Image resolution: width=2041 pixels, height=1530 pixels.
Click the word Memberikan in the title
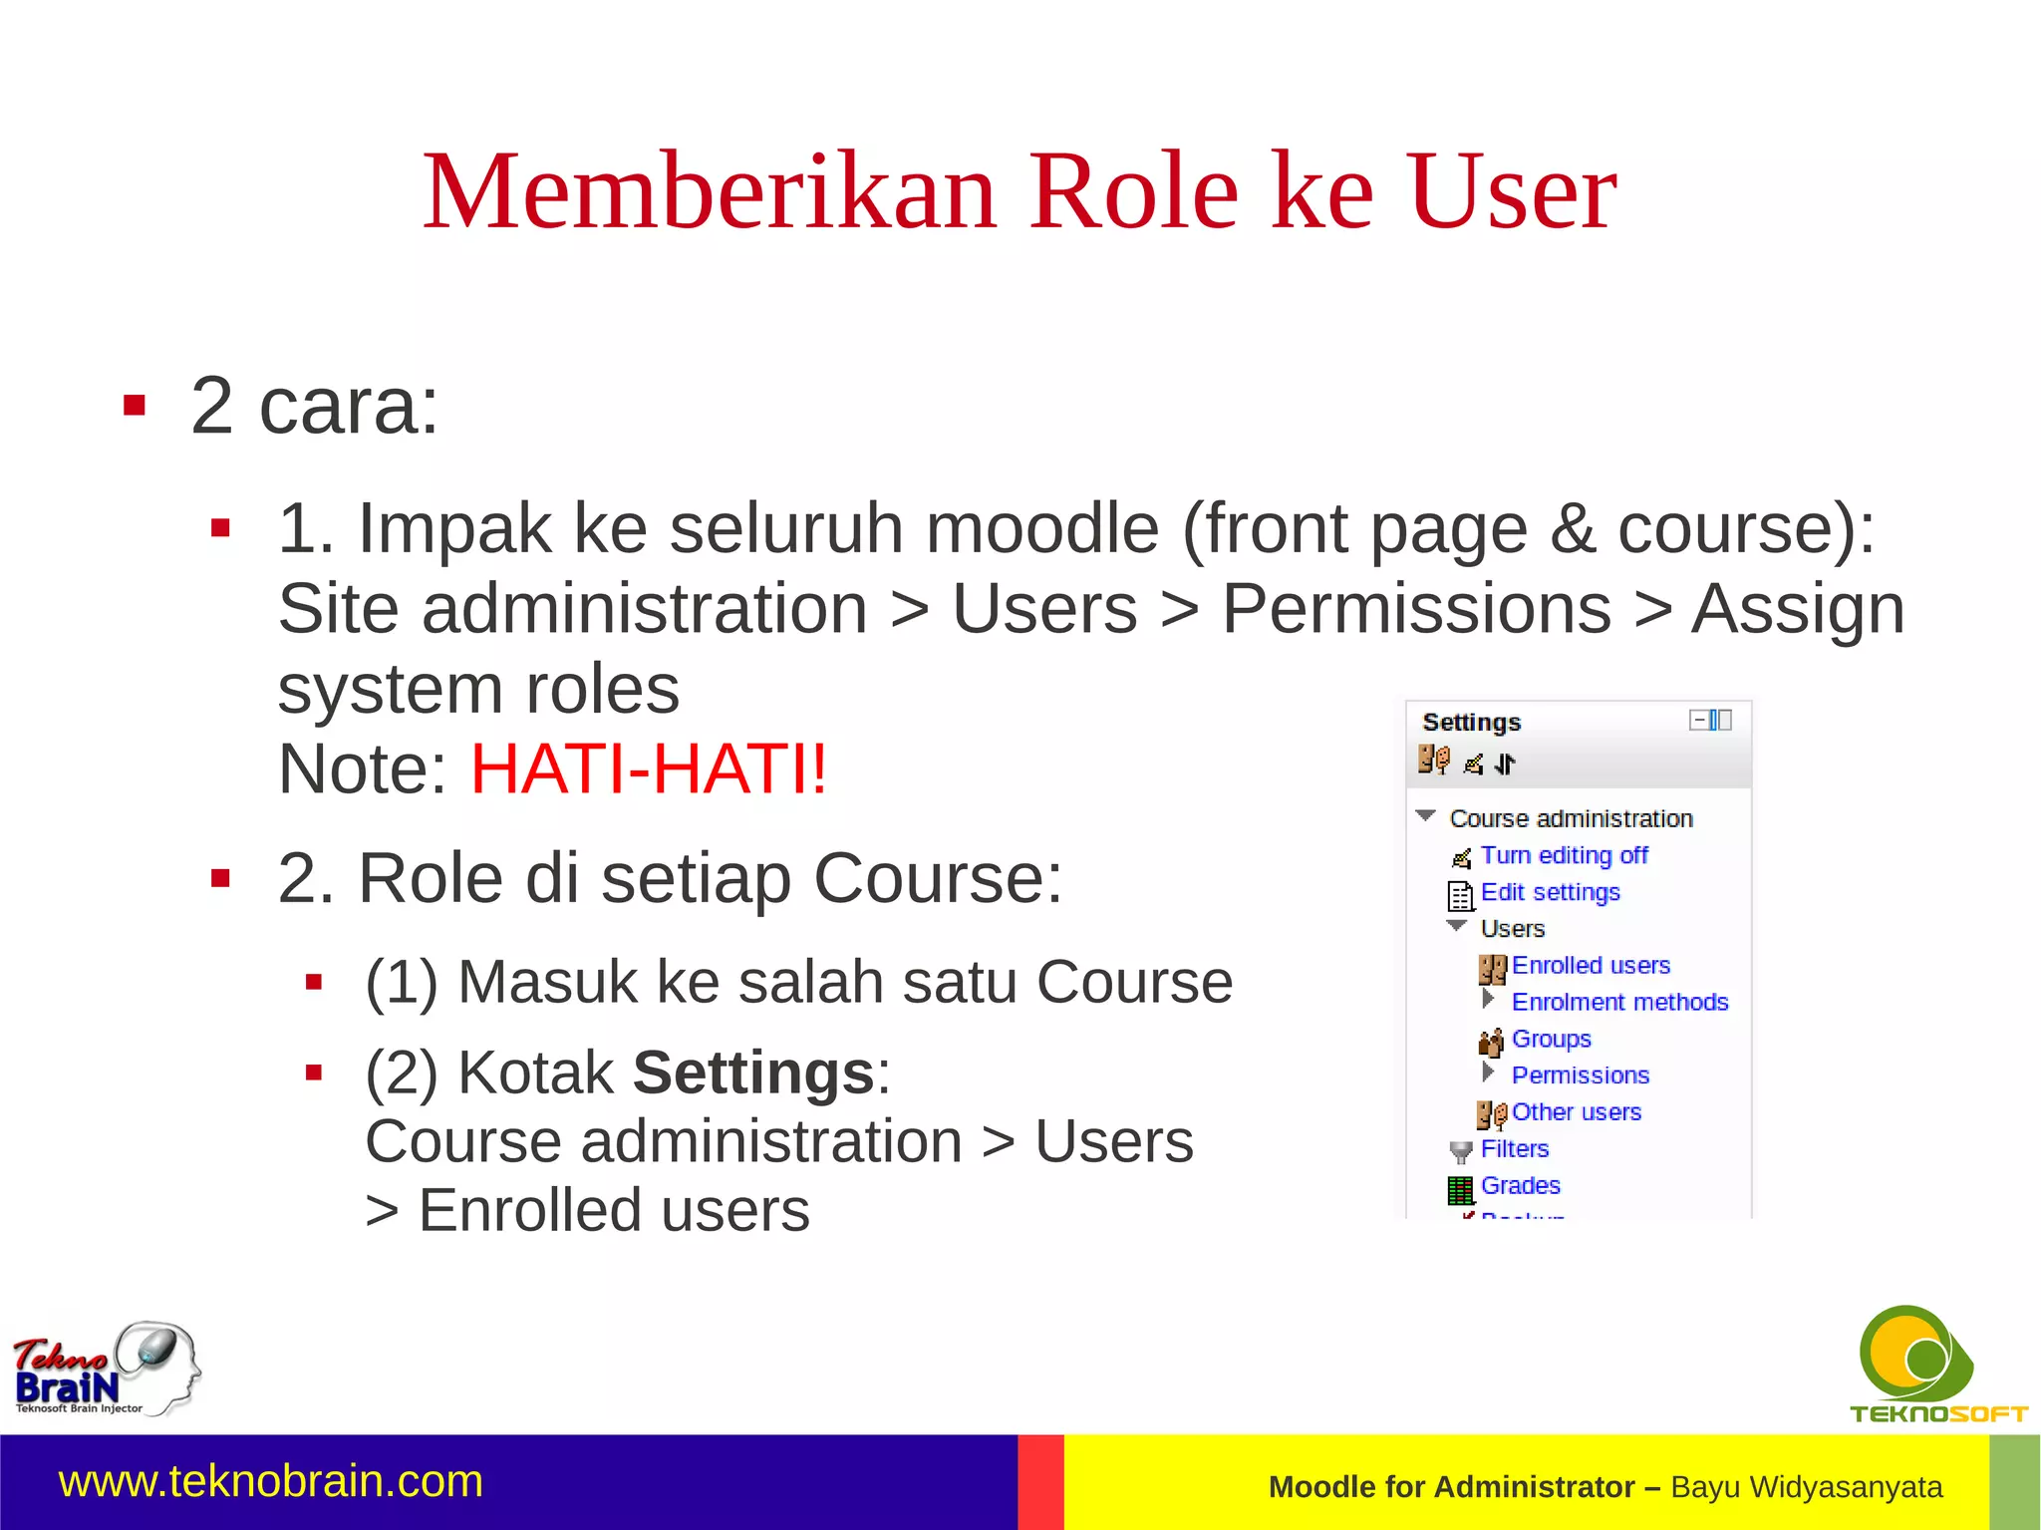point(710,191)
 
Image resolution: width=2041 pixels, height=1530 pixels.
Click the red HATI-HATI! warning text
point(649,769)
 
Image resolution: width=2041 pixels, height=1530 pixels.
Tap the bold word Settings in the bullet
point(753,1072)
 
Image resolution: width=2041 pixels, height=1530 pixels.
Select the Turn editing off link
point(1564,855)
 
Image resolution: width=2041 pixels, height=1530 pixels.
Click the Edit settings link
point(1550,892)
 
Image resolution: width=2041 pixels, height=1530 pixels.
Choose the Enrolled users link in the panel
point(1591,965)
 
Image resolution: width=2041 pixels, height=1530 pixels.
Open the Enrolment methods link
point(1619,1002)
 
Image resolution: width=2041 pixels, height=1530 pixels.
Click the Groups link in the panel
point(1551,1039)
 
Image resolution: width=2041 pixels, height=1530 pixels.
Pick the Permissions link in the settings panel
point(1580,1075)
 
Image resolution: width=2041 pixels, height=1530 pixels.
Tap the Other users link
point(1576,1112)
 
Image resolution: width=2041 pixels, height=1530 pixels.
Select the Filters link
point(1514,1149)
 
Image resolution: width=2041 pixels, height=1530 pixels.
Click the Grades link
point(1520,1185)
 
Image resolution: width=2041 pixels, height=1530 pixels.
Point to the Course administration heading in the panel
point(1571,818)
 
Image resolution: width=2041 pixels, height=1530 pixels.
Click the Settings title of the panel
point(1471,722)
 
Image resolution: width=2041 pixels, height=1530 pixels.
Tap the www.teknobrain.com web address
point(271,1481)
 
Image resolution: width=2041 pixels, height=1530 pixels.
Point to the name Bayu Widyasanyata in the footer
point(1806,1487)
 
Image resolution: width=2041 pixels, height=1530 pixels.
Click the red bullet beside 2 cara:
point(135,406)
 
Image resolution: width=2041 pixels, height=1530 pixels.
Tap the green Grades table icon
point(1460,1189)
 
